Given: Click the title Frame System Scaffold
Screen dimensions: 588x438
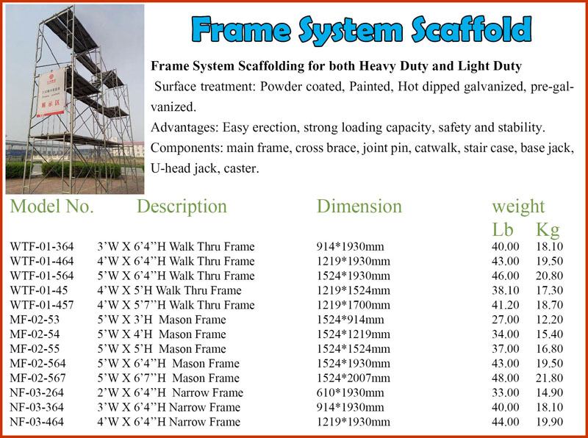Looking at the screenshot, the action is point(362,30).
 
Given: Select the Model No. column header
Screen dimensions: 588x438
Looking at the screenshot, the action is point(51,207).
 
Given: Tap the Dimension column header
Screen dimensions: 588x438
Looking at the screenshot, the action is point(359,207).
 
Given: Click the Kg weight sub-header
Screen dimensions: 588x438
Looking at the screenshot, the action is point(548,229).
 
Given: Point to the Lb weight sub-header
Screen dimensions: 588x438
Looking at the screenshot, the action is point(503,229).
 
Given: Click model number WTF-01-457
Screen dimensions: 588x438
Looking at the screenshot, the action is point(42,305).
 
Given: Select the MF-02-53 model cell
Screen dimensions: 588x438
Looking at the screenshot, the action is point(35,320).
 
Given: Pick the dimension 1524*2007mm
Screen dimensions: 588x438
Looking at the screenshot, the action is point(354,378).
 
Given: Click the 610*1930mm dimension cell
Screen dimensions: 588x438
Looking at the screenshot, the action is point(351,392).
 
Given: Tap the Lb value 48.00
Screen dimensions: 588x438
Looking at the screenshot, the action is point(506,378).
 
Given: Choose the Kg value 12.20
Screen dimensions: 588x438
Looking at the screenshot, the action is point(549,320).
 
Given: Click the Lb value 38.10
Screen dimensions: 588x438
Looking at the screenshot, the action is point(506,290).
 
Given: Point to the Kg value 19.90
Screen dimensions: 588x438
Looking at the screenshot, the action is point(549,422).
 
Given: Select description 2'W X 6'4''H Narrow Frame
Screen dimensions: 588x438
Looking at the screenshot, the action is point(171,392).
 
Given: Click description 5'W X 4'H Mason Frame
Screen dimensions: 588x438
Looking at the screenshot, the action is point(162,334).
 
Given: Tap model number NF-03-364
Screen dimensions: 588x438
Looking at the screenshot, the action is point(37,407).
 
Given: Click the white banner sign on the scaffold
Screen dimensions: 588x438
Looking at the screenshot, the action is point(51,93).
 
